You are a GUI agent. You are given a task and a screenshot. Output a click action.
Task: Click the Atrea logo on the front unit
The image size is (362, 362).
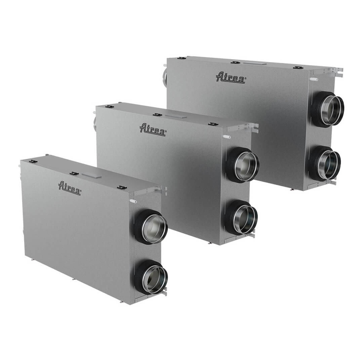[x=69, y=188]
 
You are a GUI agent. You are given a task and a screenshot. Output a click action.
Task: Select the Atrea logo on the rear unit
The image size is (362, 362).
[x=230, y=78]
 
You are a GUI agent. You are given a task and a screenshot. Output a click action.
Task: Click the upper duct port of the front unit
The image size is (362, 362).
[x=151, y=227]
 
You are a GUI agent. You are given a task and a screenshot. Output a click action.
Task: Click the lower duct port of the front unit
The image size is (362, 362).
[x=151, y=278]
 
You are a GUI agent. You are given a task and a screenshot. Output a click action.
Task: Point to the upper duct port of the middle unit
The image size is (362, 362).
[x=243, y=164]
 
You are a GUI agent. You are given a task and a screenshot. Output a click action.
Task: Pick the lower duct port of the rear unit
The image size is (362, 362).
[x=325, y=163]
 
